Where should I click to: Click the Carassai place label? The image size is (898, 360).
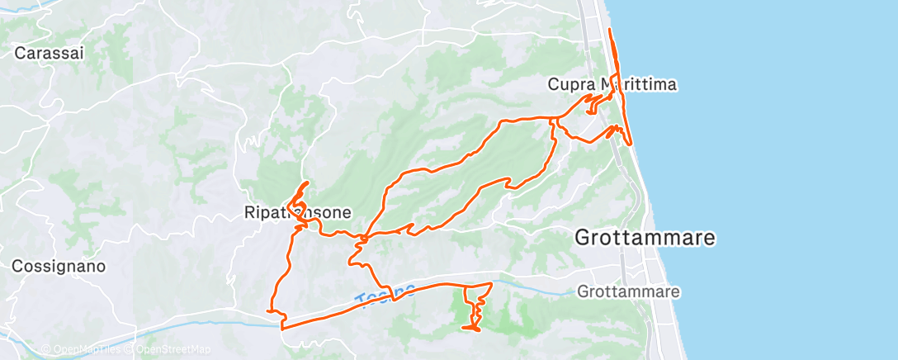click(x=50, y=53)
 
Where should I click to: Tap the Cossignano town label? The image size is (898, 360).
click(x=59, y=267)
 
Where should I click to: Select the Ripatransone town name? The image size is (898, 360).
click(x=298, y=213)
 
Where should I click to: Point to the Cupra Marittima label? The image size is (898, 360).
click(x=613, y=84)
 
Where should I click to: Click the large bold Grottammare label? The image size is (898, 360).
click(x=645, y=239)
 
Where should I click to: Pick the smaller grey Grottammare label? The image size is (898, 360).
click(x=629, y=291)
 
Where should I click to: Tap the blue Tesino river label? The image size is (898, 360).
click(x=385, y=293)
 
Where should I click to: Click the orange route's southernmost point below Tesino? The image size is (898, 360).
click(x=471, y=330)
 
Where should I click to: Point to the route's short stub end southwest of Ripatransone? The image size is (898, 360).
click(x=268, y=310)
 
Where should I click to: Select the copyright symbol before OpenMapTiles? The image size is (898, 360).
click(x=45, y=349)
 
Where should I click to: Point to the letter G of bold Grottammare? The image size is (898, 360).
click(x=582, y=239)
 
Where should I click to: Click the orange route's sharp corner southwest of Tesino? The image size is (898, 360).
click(x=283, y=328)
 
